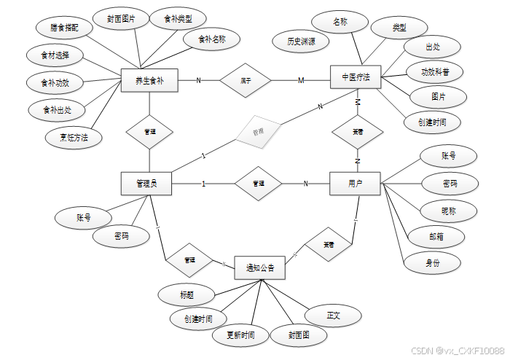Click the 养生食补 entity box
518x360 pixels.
click(x=149, y=80)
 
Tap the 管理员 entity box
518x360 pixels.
click(x=146, y=184)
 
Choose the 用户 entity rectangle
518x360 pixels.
click(x=356, y=183)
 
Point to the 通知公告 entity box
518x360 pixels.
click(x=260, y=269)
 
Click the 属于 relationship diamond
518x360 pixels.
click(x=246, y=80)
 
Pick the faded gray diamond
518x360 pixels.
click(x=257, y=131)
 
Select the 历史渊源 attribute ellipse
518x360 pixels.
click(x=301, y=42)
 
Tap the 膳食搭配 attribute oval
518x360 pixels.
click(x=66, y=27)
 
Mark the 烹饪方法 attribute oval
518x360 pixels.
click(x=74, y=137)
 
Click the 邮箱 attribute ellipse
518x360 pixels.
click(x=436, y=236)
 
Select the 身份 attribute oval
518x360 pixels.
click(x=433, y=261)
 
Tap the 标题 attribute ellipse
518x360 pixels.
click(x=186, y=295)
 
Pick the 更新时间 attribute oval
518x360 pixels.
click(x=240, y=336)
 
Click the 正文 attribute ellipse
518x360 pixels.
click(x=334, y=316)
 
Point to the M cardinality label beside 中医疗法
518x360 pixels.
click(x=301, y=79)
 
